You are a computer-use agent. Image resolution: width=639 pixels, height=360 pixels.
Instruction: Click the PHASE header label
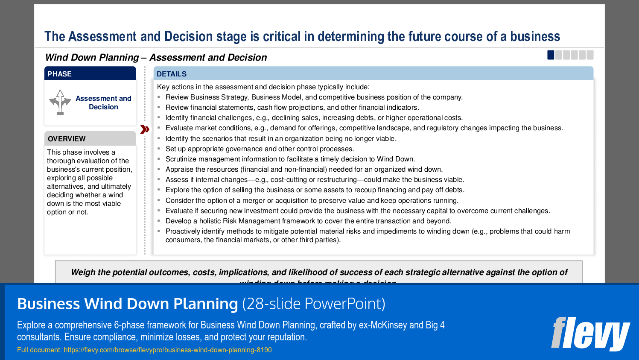(x=59, y=74)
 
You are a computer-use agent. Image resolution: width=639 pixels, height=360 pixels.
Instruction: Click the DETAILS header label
(x=171, y=74)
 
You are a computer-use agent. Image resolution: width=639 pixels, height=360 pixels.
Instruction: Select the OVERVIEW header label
(x=67, y=139)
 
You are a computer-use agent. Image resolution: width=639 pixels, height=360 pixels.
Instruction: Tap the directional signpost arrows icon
(x=60, y=102)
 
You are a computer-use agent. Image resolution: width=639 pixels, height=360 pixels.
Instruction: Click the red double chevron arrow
(x=145, y=129)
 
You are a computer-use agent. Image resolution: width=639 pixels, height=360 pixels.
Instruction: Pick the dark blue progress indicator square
(x=551, y=55)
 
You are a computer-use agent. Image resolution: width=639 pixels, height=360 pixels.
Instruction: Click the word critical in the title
(x=282, y=37)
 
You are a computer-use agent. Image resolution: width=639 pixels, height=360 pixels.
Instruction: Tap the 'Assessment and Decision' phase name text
(x=103, y=102)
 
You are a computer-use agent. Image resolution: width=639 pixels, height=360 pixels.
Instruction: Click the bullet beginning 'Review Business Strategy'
(x=314, y=97)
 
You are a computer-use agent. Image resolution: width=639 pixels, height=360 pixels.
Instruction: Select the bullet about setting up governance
(x=260, y=149)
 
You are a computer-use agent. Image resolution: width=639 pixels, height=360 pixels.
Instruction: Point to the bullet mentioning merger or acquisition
(x=312, y=201)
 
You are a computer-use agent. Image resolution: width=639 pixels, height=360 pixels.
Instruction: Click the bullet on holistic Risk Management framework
(x=308, y=221)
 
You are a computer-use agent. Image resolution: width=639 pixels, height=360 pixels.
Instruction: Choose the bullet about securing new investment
(x=358, y=211)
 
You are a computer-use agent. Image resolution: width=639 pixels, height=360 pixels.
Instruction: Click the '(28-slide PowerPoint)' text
(x=314, y=304)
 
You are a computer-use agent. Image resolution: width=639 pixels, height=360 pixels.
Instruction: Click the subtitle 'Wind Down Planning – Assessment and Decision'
(x=156, y=57)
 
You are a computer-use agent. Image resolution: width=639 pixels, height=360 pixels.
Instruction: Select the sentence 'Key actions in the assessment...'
(x=263, y=87)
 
